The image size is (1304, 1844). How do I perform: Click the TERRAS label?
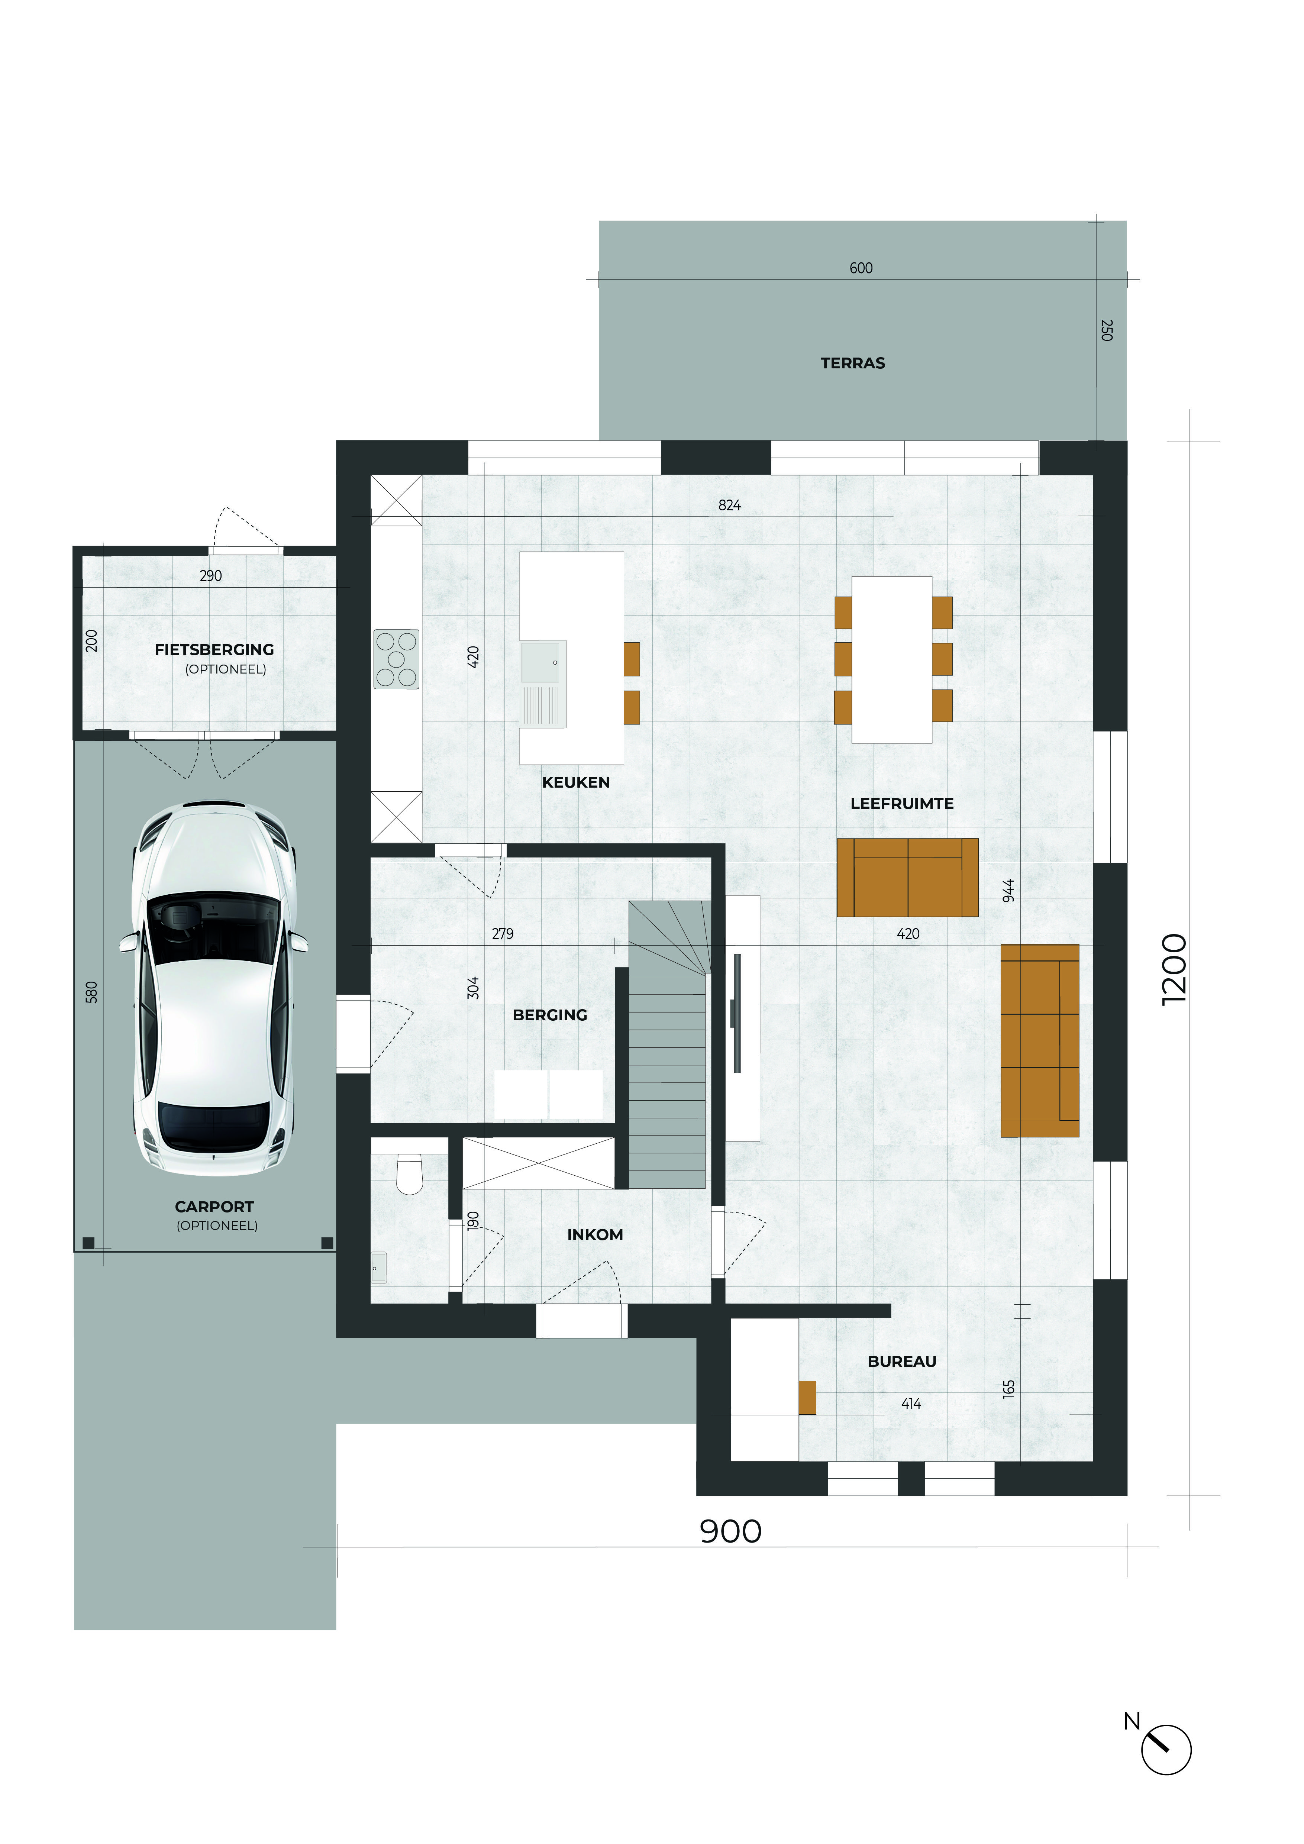(853, 363)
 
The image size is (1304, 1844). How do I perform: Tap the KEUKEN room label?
(576, 782)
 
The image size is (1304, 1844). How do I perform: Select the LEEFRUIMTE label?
(902, 803)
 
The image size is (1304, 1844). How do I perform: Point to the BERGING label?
(550, 1015)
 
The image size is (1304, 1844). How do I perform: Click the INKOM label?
(595, 1234)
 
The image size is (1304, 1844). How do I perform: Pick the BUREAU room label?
(902, 1361)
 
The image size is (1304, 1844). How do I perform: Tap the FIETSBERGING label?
(214, 650)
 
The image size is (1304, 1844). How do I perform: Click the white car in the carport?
(214, 988)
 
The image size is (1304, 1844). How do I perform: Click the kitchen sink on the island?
(543, 684)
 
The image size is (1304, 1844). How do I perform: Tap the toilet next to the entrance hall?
(410, 1173)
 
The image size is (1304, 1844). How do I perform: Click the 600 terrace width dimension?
(861, 268)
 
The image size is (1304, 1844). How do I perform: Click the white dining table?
(892, 659)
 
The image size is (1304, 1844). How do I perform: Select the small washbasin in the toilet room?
(378, 1266)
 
